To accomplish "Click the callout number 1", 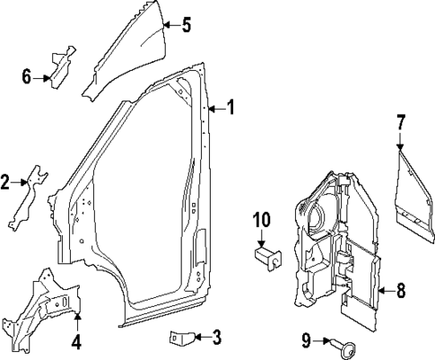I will pos(231,109).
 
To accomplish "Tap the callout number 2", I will pos(5,184).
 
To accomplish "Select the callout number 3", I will pos(216,338).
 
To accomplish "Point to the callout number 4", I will pos(76,341).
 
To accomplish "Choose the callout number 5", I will pos(186,25).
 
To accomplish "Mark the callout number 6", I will pos(27,78).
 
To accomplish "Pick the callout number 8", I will pos(401,290).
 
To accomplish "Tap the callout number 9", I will pos(305,339).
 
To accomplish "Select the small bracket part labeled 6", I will pos(60,68).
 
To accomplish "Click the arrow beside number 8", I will pos(382,290).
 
